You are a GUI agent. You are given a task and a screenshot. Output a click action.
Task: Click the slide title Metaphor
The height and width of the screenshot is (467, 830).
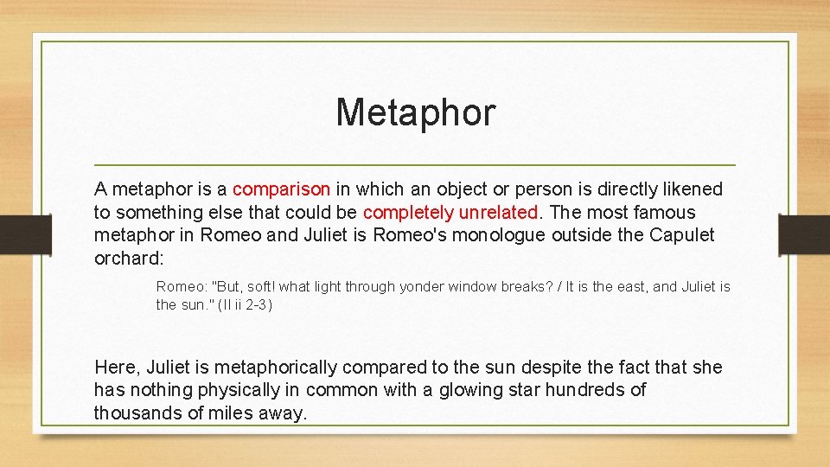(x=415, y=112)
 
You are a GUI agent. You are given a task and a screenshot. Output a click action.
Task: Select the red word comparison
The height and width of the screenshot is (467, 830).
(x=281, y=189)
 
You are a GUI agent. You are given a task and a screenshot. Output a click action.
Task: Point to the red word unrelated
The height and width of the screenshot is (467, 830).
(x=499, y=212)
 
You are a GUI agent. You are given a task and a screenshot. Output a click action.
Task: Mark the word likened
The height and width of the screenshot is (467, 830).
(x=692, y=189)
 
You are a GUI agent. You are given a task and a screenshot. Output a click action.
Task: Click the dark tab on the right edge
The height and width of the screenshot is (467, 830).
(x=804, y=234)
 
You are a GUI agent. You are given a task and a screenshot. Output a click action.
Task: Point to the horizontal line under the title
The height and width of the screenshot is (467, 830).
(x=415, y=164)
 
